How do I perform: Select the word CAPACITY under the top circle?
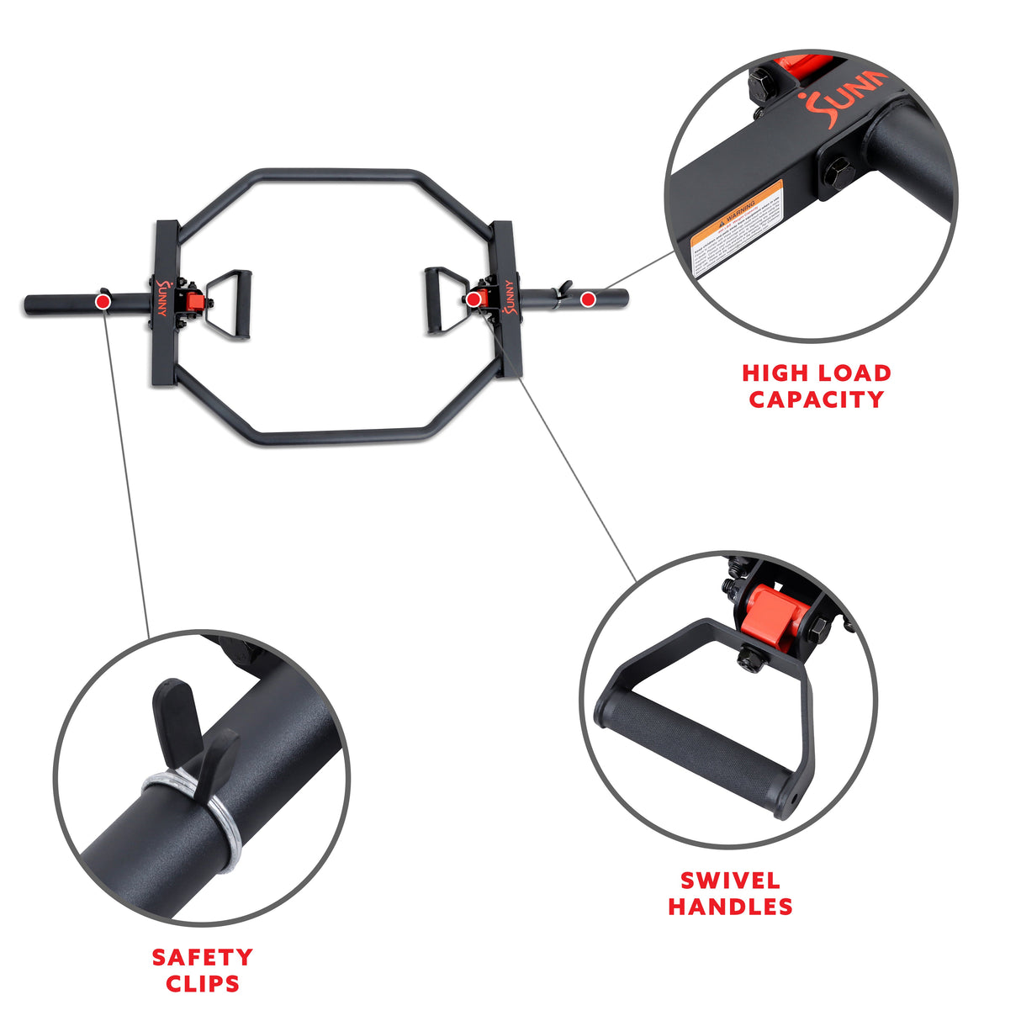816,399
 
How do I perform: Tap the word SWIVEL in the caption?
730,881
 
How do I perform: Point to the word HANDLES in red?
730,907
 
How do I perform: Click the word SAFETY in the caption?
202,957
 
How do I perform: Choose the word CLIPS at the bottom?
202,983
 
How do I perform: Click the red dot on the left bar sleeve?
103,300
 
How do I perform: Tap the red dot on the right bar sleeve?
588,298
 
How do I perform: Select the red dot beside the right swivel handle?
473,299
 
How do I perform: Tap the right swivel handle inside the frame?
440,300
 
